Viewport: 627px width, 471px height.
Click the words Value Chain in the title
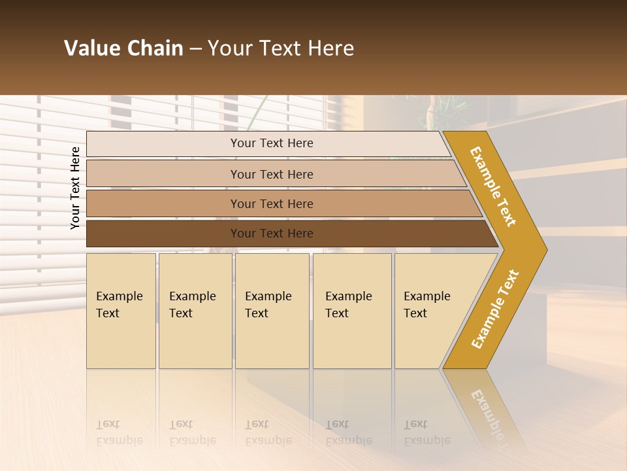(123, 48)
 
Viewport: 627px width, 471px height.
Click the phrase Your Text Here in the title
(281, 48)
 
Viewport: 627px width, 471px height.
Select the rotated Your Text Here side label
(75, 188)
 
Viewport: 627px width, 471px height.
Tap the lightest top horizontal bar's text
(272, 143)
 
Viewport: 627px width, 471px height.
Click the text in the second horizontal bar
(272, 174)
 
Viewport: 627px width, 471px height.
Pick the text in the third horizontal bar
(272, 203)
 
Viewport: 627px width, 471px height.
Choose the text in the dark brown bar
(272, 233)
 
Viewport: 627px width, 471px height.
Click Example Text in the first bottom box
(119, 304)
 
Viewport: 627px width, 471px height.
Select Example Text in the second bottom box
(192, 304)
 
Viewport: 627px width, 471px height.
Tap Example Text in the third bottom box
(268, 304)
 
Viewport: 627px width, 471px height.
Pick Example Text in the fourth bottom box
(348, 304)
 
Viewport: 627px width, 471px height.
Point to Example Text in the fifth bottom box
(426, 304)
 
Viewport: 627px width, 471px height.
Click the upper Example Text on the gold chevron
(494, 186)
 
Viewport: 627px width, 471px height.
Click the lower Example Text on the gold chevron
(495, 309)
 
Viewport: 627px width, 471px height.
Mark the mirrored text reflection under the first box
(119, 432)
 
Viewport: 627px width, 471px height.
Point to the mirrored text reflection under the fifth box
(426, 432)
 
